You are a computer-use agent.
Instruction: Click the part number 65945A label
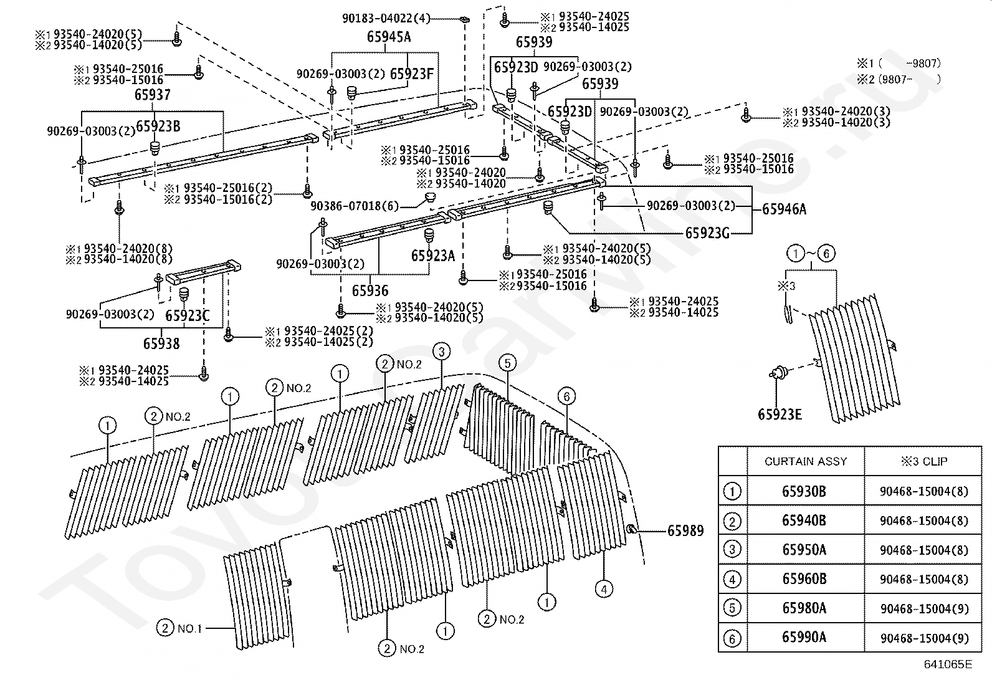[x=389, y=37]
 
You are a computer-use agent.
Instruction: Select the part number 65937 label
[x=152, y=94]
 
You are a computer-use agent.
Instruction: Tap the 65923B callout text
[x=158, y=127]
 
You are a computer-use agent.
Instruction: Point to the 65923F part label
[x=411, y=74]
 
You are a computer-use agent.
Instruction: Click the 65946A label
[x=784, y=209]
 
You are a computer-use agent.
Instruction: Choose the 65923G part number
[x=707, y=232]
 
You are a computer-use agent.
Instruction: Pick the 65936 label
[x=370, y=290]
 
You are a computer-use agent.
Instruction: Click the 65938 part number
[x=161, y=343]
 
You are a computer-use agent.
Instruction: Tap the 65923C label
[x=188, y=315]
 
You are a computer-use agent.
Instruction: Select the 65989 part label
[x=685, y=530]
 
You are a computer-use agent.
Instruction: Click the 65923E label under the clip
[x=780, y=414]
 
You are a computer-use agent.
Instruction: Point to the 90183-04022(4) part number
[x=386, y=18]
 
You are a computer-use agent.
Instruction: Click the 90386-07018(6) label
[x=355, y=206]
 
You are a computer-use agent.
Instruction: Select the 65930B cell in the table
[x=804, y=491]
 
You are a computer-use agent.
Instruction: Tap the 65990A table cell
[x=804, y=637]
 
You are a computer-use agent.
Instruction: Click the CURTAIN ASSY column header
[x=806, y=461]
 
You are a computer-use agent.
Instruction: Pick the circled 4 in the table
[x=732, y=579]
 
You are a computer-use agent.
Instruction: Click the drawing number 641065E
[x=948, y=664]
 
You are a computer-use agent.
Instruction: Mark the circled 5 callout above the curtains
[x=507, y=363]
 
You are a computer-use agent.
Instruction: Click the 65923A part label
[x=432, y=256]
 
